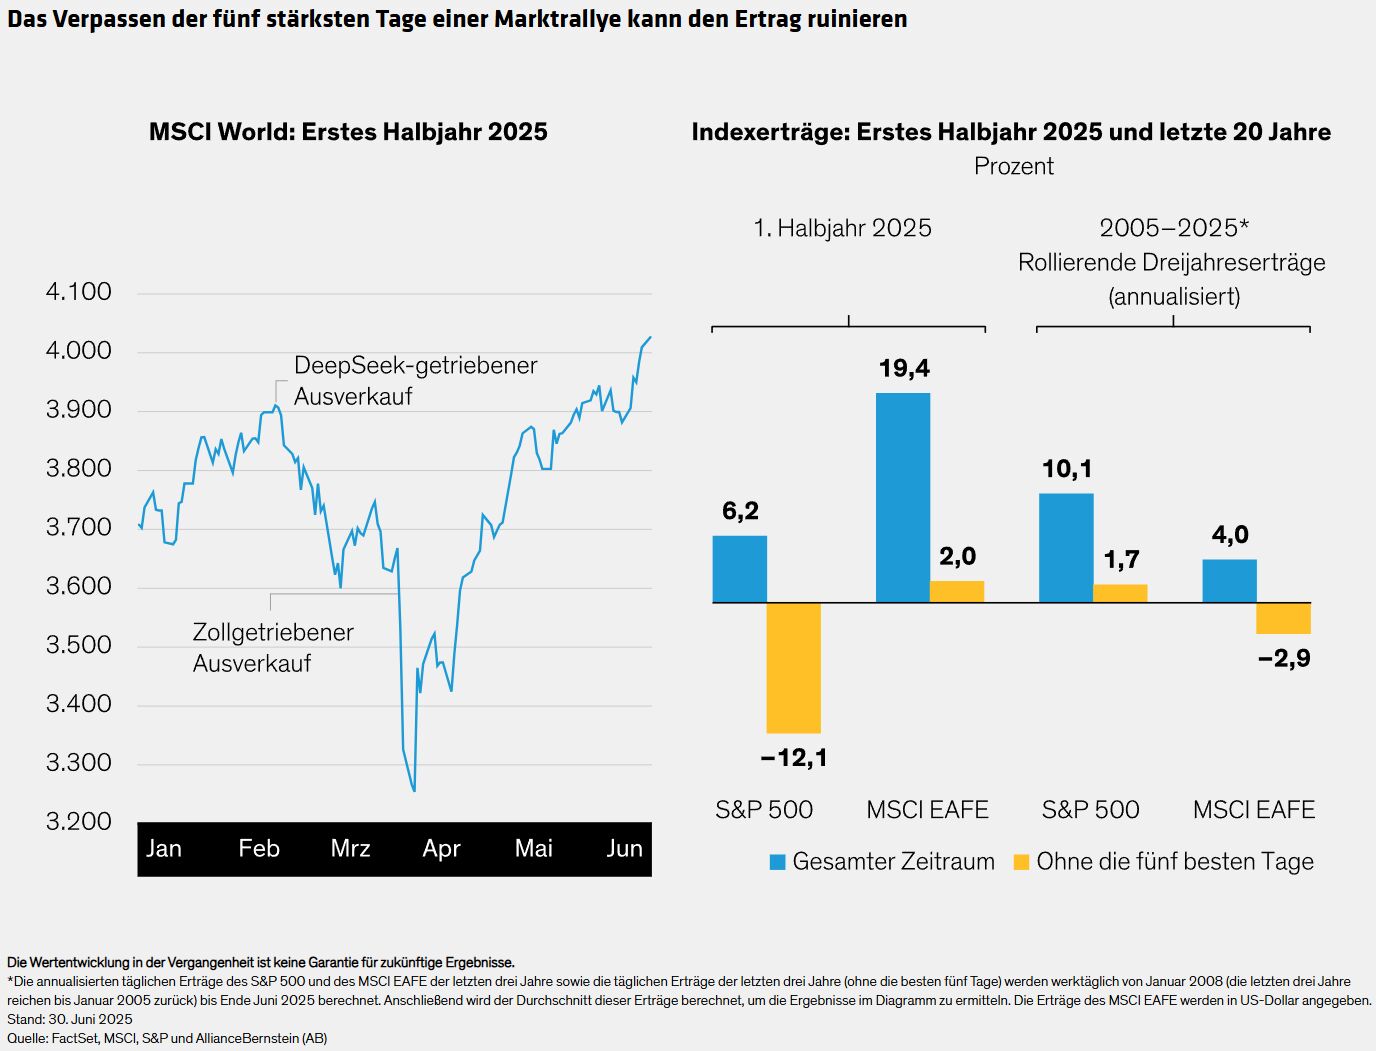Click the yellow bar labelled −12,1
[794, 668]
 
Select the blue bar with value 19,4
[903, 498]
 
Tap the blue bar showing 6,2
[740, 570]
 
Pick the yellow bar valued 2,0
[957, 592]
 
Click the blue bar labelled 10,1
[1066, 548]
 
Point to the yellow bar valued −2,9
[1283, 618]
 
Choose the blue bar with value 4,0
[1229, 581]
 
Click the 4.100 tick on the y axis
[79, 292]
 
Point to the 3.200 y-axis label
[79, 822]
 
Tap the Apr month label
[441, 849]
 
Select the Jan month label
[164, 849]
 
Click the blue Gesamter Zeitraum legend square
[777, 862]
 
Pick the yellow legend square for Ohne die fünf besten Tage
[1021, 862]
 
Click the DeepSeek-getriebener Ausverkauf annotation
[415, 381]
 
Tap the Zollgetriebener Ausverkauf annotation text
[273, 648]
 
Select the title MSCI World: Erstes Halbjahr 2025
[348, 132]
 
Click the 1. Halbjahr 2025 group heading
[842, 228]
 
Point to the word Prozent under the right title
[1014, 166]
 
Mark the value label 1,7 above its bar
[1121, 559]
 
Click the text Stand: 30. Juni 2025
[70, 1019]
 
